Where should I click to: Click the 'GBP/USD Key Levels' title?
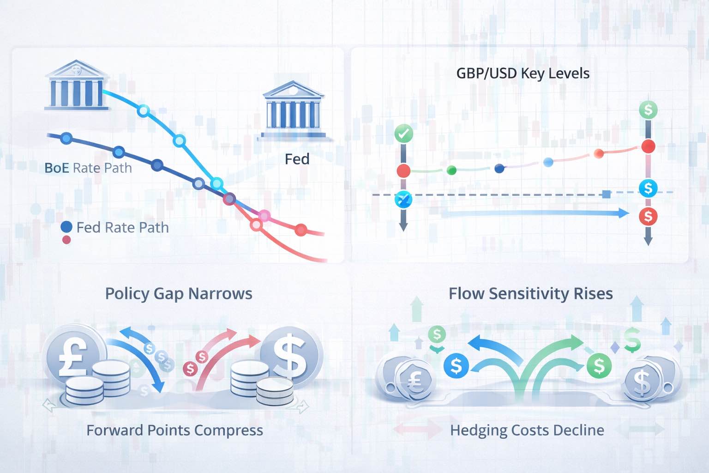click(x=523, y=73)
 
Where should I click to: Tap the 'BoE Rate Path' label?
click(x=88, y=168)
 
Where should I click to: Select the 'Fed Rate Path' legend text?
click(x=122, y=227)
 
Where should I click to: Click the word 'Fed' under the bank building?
click(x=297, y=159)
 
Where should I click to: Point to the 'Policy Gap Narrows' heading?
click(x=179, y=294)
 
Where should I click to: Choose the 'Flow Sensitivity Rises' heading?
click(x=531, y=294)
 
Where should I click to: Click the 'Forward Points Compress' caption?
click(x=174, y=431)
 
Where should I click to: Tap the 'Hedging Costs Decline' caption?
click(x=527, y=431)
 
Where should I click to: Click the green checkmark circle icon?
click(x=404, y=134)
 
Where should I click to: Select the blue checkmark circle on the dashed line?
click(x=403, y=200)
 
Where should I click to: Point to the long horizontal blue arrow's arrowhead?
click(x=623, y=213)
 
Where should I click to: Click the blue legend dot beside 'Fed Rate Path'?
click(x=66, y=227)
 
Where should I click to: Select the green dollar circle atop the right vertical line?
click(x=648, y=110)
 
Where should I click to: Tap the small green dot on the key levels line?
click(x=452, y=170)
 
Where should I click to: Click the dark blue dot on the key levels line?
click(x=499, y=169)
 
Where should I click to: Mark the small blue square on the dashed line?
click(x=607, y=194)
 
